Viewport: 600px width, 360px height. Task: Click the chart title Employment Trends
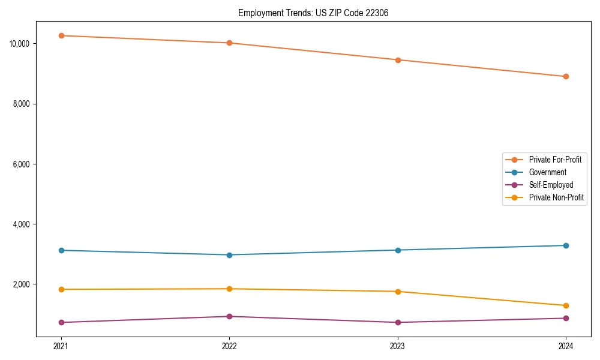coord(313,13)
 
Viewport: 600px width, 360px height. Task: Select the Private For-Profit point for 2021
coord(61,35)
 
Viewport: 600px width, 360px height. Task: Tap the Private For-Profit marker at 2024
coord(566,76)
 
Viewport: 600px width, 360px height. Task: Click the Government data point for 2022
coord(229,255)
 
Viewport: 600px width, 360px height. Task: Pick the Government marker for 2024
coord(566,245)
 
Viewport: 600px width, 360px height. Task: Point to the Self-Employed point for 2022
coord(229,316)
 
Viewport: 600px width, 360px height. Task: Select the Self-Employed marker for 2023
coord(398,322)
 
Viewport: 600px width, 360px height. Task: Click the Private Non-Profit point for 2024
coord(566,305)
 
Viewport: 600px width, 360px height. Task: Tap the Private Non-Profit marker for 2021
coord(61,289)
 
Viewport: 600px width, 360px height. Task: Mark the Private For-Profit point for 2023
coord(398,60)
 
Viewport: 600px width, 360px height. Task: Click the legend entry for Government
coord(547,172)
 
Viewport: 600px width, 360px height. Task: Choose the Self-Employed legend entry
coord(551,185)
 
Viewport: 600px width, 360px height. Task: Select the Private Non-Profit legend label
coord(556,197)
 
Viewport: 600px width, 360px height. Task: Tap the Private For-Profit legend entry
coord(554,160)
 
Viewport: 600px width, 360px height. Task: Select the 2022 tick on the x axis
coord(229,346)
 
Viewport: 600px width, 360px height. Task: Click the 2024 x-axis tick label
coord(566,346)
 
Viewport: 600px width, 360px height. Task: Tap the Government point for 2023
coord(398,250)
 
